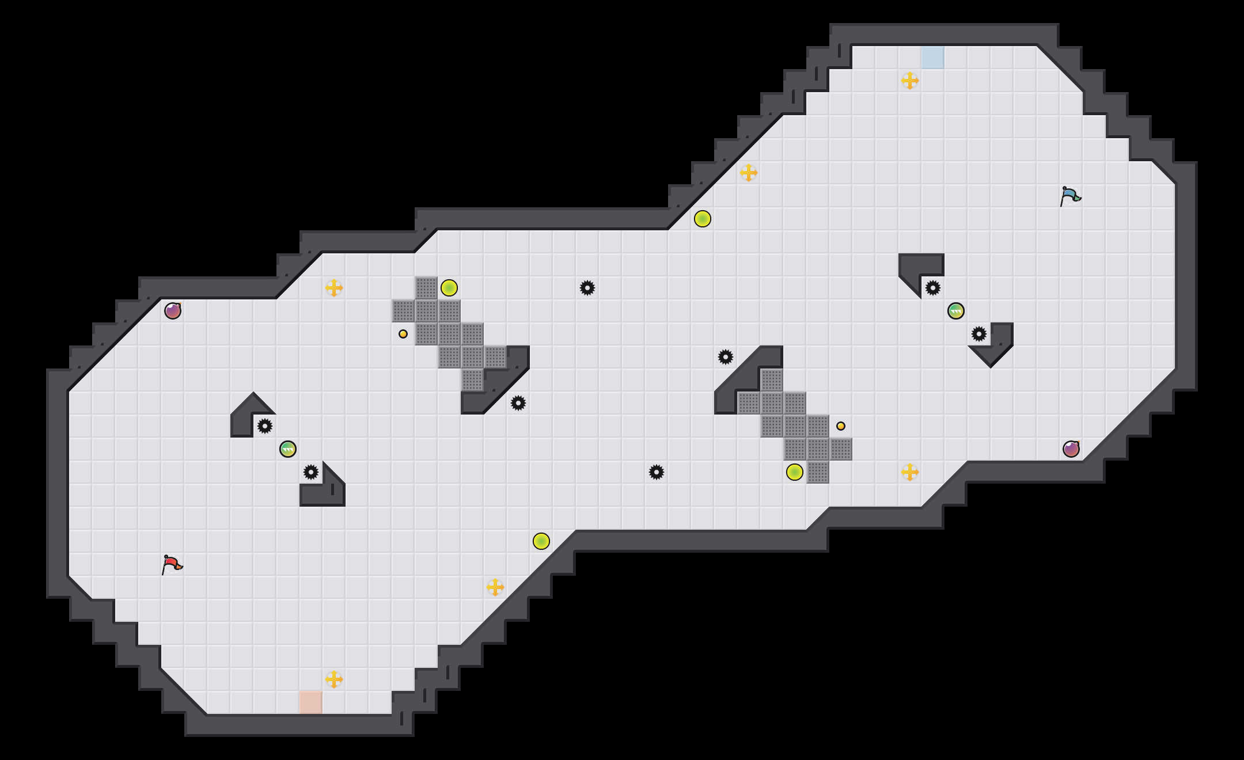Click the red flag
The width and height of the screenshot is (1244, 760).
click(x=172, y=564)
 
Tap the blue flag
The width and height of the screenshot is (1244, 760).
click(x=1070, y=196)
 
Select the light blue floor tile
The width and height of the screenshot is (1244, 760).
click(x=932, y=58)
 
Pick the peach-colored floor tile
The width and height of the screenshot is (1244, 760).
click(x=310, y=702)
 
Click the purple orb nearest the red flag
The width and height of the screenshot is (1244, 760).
click(x=173, y=311)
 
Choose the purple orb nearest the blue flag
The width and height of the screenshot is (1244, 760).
click(x=1071, y=449)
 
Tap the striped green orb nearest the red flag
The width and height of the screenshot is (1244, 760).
click(x=288, y=449)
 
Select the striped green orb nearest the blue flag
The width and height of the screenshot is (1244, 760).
click(x=956, y=311)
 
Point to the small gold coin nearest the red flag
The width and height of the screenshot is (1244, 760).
click(x=403, y=334)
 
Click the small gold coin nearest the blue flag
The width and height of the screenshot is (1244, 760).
click(x=841, y=426)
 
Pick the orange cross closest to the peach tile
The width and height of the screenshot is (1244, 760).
click(x=334, y=679)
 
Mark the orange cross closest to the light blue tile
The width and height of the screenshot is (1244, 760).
click(x=910, y=81)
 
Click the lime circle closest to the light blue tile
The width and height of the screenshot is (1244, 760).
click(x=703, y=219)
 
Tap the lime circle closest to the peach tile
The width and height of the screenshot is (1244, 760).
click(x=541, y=541)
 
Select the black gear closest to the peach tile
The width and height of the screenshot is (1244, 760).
click(x=311, y=472)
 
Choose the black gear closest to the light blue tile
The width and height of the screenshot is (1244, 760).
click(x=933, y=288)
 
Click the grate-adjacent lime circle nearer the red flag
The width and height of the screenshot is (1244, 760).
click(x=449, y=288)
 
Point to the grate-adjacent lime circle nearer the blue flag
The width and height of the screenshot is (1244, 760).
click(x=795, y=472)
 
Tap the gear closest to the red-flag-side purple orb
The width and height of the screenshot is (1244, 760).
click(x=265, y=426)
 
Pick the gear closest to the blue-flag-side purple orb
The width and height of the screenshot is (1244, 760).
click(x=979, y=334)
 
